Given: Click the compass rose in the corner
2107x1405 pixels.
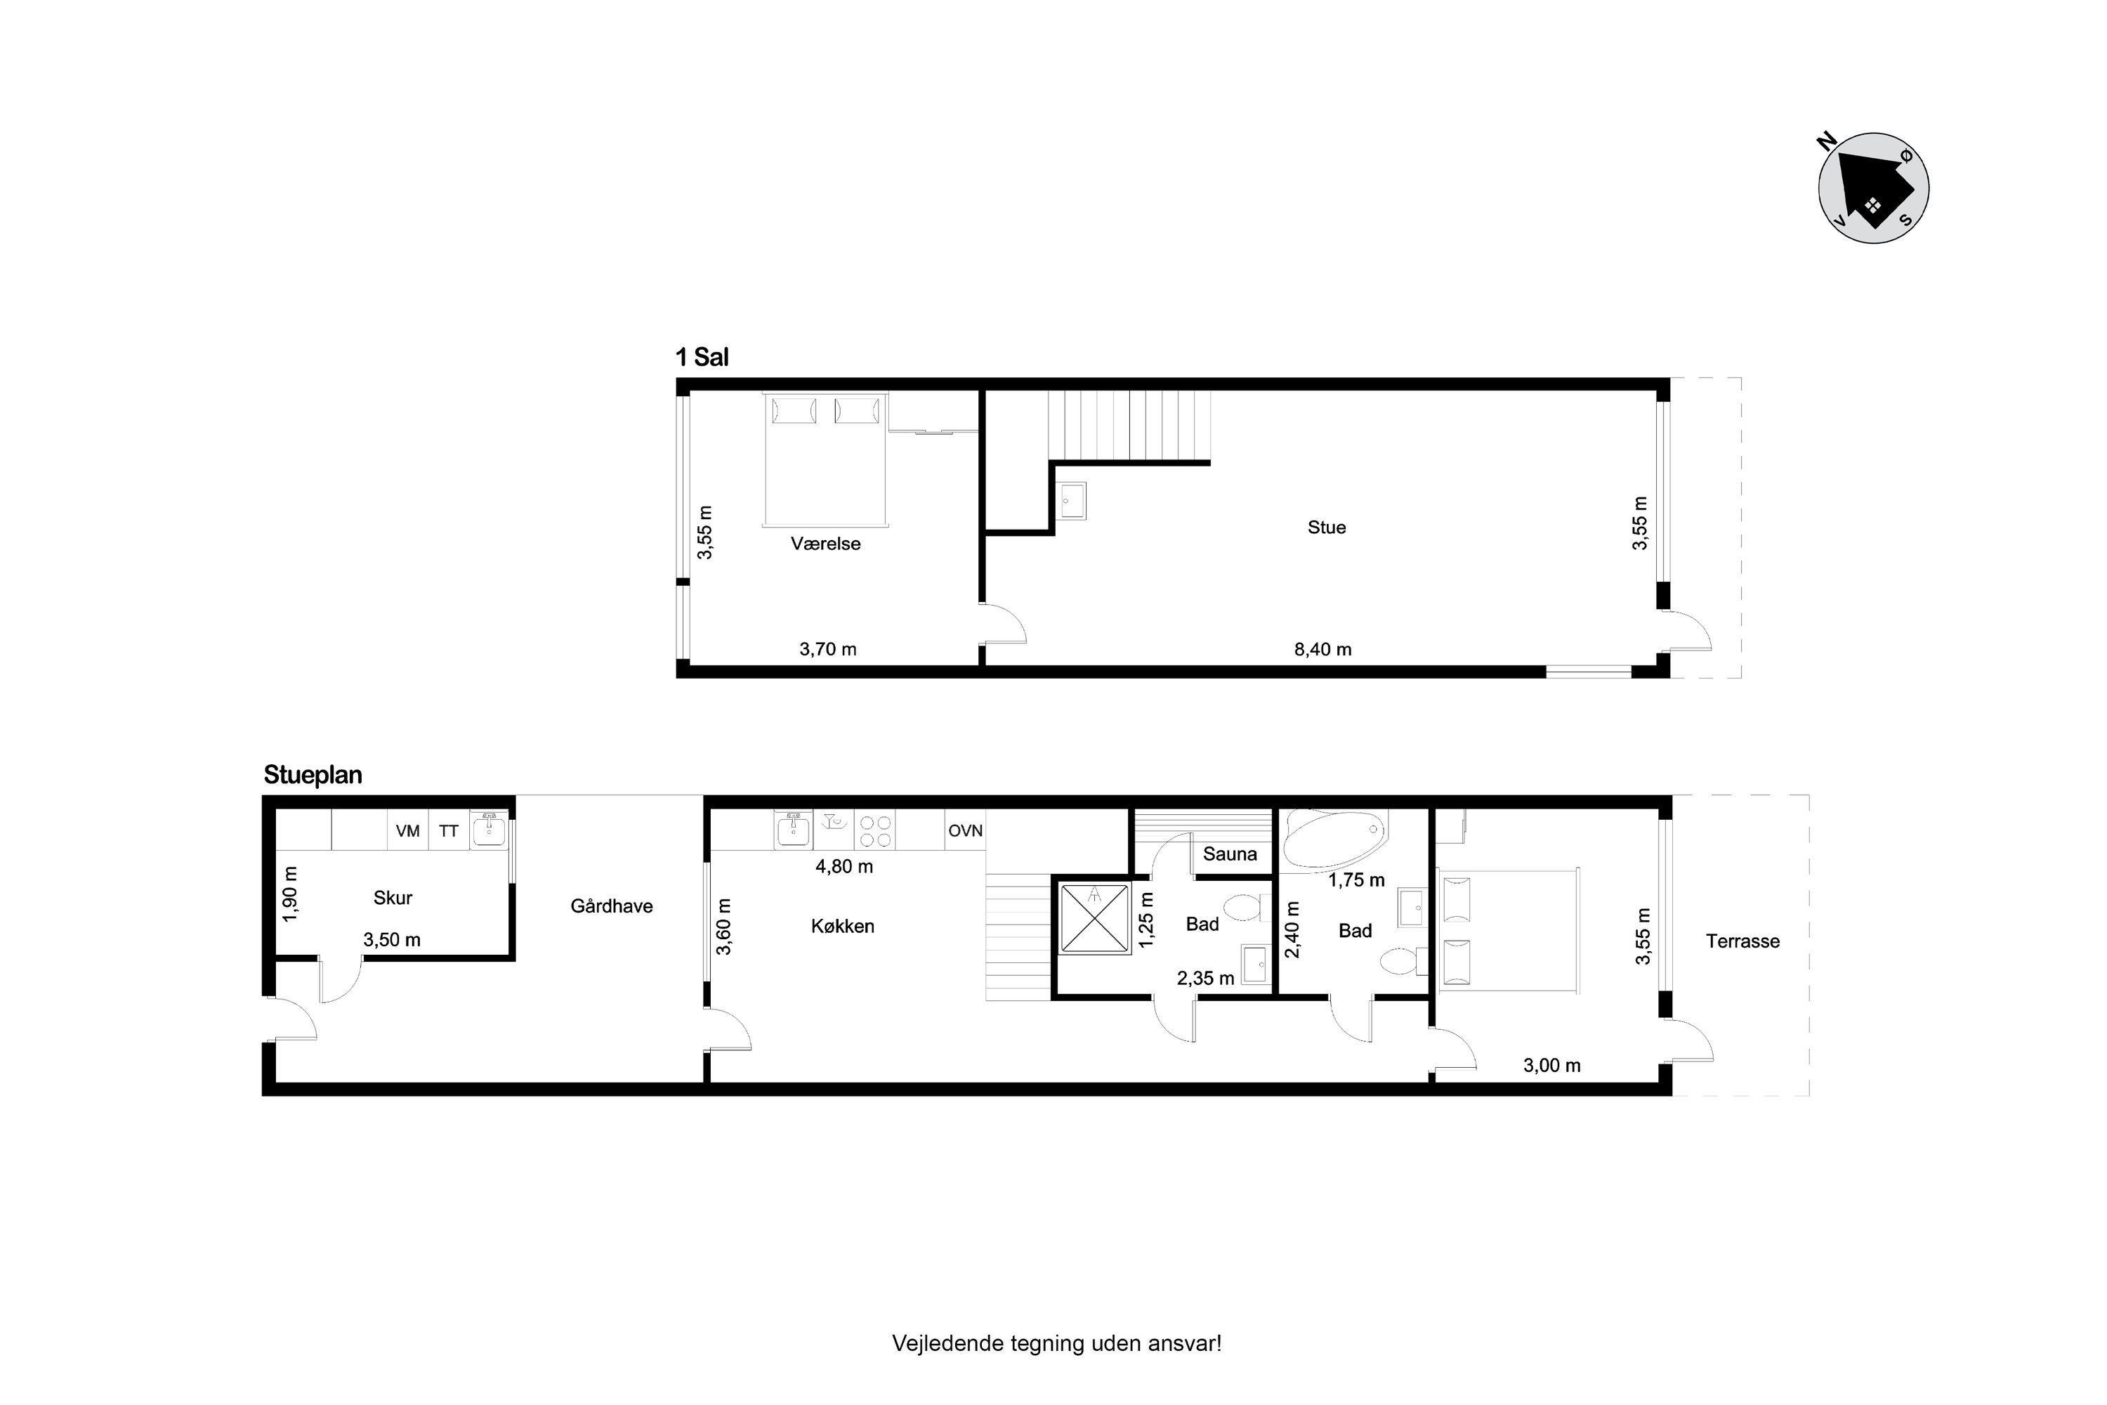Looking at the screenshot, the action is coord(1873,188).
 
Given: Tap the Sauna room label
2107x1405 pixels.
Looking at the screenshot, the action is coord(1230,854).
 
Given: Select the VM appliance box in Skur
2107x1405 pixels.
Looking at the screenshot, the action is coord(407,830).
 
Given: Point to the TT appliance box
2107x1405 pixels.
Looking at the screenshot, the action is coord(449,830).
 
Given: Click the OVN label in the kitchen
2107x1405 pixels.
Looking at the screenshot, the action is coord(966,830).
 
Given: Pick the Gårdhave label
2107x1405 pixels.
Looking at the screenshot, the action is coord(612,906).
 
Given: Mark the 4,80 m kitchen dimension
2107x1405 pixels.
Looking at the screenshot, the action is coord(844,866).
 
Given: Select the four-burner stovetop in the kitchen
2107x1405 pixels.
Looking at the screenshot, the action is coord(875,830).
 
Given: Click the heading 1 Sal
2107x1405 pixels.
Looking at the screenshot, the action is coord(702,358).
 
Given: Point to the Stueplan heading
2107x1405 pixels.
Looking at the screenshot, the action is coord(313,775).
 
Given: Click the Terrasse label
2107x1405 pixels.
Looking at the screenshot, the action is coord(1742,941).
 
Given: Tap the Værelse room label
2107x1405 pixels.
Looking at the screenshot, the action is coord(826,544).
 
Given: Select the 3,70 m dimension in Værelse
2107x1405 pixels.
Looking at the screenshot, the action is coord(828,648).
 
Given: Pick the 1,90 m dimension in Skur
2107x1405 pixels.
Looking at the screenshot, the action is coord(289,894).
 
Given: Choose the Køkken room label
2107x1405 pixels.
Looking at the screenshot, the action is coord(843,927).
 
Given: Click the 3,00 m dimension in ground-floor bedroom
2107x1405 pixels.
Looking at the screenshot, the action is coord(1551,1066).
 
